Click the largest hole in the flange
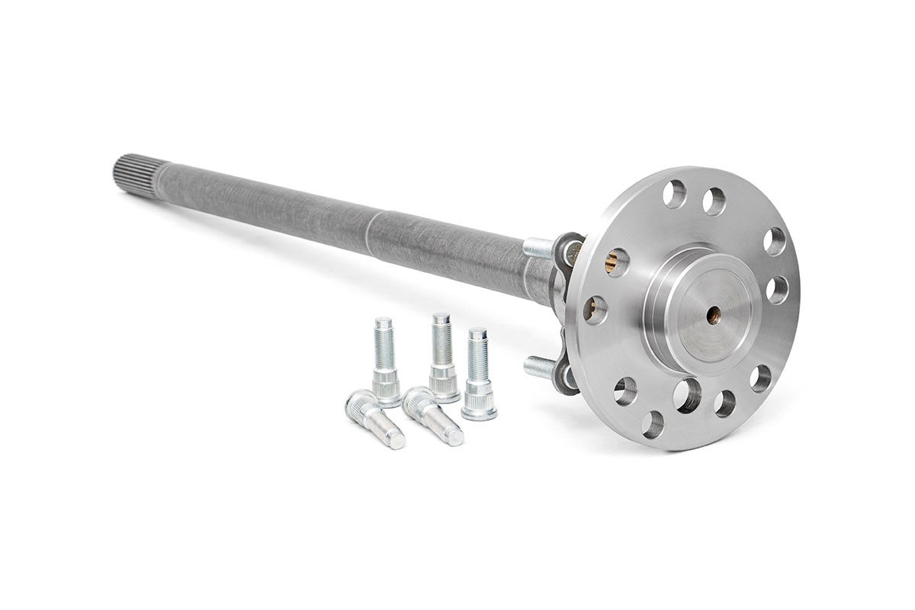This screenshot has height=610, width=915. point(689,395)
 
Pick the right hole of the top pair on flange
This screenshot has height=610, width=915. point(714,201)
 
